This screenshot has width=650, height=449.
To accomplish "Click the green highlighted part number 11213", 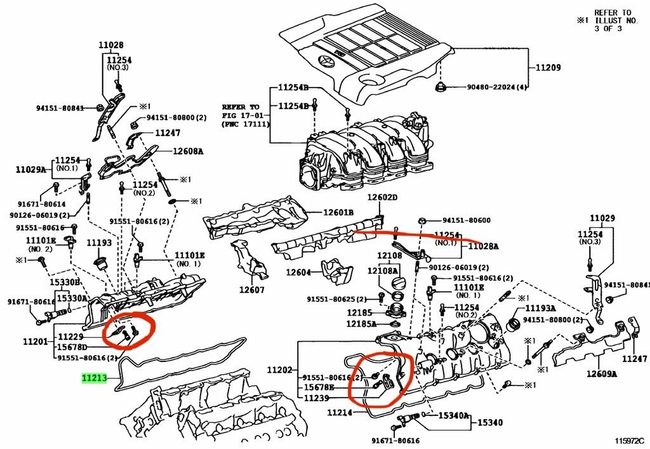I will click(x=94, y=379).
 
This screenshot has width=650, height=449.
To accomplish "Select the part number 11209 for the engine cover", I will click(x=548, y=67).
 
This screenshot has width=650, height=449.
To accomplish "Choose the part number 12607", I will click(x=251, y=290).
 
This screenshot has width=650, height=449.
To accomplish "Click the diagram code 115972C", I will click(x=628, y=439).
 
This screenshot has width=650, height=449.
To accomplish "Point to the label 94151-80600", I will click(x=466, y=220).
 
